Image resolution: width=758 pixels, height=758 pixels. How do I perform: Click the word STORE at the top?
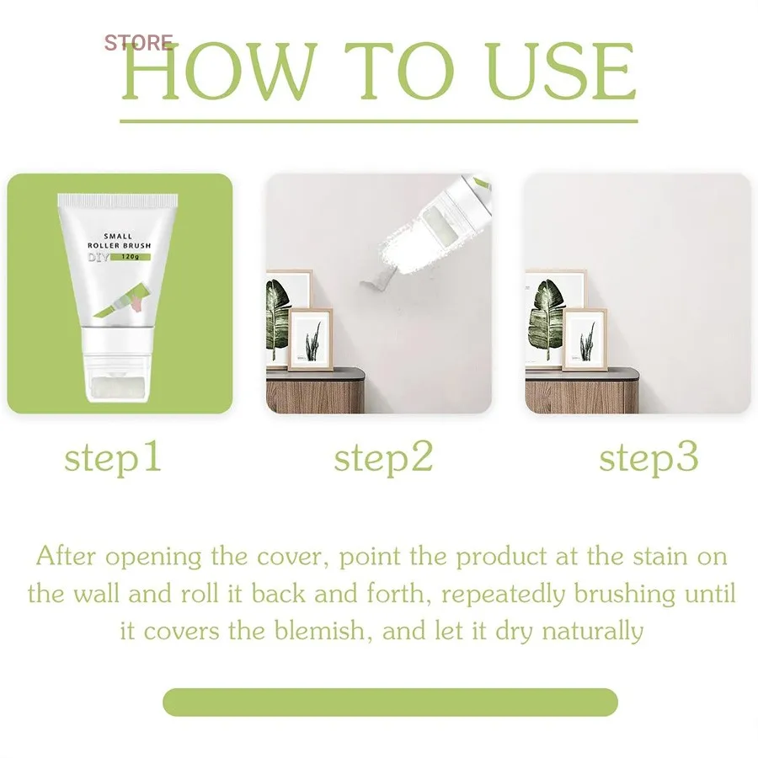coord(138,43)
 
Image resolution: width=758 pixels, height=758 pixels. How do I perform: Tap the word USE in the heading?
coord(560,71)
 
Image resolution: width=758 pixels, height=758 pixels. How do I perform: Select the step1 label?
coord(113,458)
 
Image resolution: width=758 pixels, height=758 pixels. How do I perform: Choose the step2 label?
coord(383,458)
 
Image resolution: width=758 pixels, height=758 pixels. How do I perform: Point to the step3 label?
coord(649,458)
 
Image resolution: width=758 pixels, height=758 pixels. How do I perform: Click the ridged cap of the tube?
coord(117,199)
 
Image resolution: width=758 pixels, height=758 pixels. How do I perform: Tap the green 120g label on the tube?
coord(131,257)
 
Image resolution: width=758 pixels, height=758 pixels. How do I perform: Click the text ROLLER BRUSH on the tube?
coord(119,246)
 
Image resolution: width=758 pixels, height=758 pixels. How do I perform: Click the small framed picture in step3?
coord(585,339)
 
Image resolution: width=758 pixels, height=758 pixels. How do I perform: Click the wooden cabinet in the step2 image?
coord(315,391)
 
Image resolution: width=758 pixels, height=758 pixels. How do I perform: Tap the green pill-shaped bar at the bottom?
coord(390,702)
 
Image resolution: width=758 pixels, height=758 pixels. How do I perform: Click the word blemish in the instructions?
coord(319,630)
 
